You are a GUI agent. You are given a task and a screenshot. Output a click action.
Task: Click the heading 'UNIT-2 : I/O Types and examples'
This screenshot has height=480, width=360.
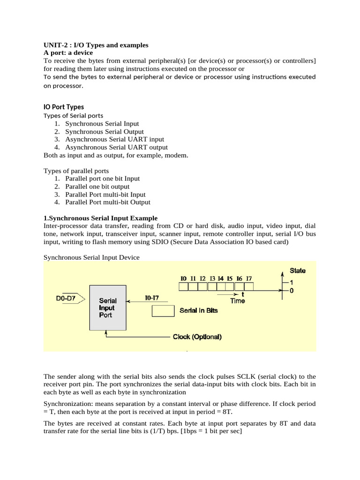pyautogui.click(x=96, y=45)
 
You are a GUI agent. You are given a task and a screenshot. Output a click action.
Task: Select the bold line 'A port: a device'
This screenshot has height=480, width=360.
pyautogui.click(x=68, y=53)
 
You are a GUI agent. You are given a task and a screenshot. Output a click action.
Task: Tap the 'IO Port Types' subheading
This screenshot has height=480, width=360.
pyautogui.click(x=63, y=107)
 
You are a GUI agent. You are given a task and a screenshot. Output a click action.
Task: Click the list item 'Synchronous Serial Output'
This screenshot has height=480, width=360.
pyautogui.click(x=104, y=132)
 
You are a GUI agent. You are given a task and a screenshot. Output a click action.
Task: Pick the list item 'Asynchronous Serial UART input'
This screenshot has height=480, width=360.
pyautogui.click(x=114, y=140)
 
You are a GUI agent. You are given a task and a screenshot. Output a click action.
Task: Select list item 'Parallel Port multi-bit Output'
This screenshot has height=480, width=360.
pyautogui.click(x=108, y=202)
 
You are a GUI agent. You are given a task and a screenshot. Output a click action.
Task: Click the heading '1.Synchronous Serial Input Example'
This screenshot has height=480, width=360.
pyautogui.click(x=100, y=218)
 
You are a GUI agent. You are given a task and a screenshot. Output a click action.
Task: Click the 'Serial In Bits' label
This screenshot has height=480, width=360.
pyautogui.click(x=199, y=310)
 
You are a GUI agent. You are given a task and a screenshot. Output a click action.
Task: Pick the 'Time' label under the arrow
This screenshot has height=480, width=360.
pyautogui.click(x=237, y=301)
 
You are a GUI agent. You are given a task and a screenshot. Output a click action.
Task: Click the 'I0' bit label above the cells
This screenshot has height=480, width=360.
pyautogui.click(x=183, y=278)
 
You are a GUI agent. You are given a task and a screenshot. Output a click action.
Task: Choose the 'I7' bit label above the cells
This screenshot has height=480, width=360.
pyautogui.click(x=249, y=278)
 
